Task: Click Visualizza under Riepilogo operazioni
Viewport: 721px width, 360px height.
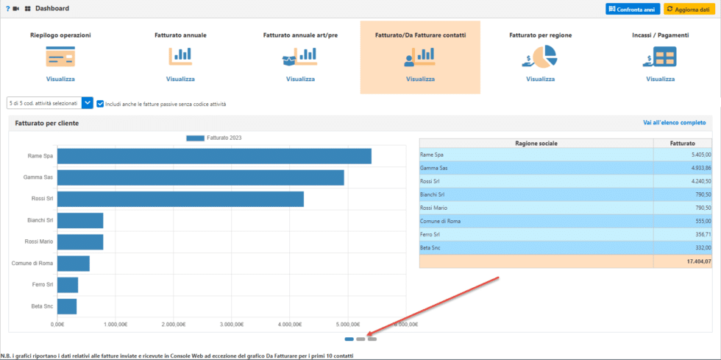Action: (60, 79)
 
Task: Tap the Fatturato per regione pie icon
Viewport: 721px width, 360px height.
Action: (540, 56)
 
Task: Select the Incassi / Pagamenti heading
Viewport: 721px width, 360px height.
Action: (660, 35)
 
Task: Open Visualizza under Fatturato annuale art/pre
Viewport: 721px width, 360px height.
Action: (300, 79)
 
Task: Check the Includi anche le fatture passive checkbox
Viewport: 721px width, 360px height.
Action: (100, 104)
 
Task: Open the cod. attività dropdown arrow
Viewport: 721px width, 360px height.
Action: (87, 103)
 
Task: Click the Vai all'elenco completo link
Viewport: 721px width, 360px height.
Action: (674, 123)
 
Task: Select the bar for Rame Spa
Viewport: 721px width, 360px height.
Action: (214, 156)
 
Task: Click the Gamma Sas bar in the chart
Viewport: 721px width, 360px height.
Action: (200, 177)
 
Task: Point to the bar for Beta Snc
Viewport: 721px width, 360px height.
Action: (67, 306)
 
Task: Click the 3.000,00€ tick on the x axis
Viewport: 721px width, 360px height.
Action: (232, 324)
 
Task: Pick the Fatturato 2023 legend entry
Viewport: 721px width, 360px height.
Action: (213, 138)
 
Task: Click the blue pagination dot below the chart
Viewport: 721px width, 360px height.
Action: (349, 339)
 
